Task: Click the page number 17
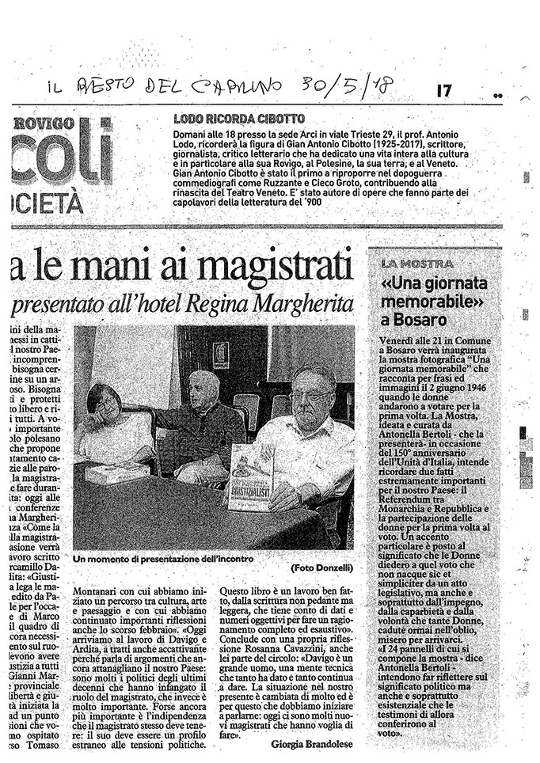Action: (x=443, y=91)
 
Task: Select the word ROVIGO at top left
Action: (x=44, y=123)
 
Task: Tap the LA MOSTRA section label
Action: (x=416, y=264)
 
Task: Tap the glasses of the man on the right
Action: (x=310, y=396)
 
